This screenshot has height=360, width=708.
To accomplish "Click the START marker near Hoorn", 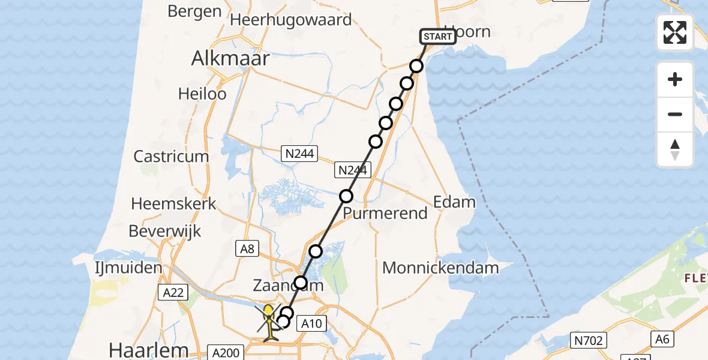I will (438, 37).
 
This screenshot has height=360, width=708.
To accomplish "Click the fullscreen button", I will (675, 32).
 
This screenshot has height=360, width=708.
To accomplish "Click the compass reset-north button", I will (675, 149).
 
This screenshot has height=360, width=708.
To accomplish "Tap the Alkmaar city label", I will (230, 59).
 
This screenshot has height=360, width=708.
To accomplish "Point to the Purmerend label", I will (385, 213).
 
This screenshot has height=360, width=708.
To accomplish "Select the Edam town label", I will (454, 202).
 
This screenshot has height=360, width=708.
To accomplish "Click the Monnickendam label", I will (440, 268).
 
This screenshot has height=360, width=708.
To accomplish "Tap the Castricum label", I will (171, 157).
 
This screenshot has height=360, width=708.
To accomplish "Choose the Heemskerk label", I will (173, 203).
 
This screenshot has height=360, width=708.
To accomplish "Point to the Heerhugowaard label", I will (291, 20).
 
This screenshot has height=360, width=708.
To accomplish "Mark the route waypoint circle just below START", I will (417, 66).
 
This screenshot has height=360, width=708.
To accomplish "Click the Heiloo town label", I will (202, 94).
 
